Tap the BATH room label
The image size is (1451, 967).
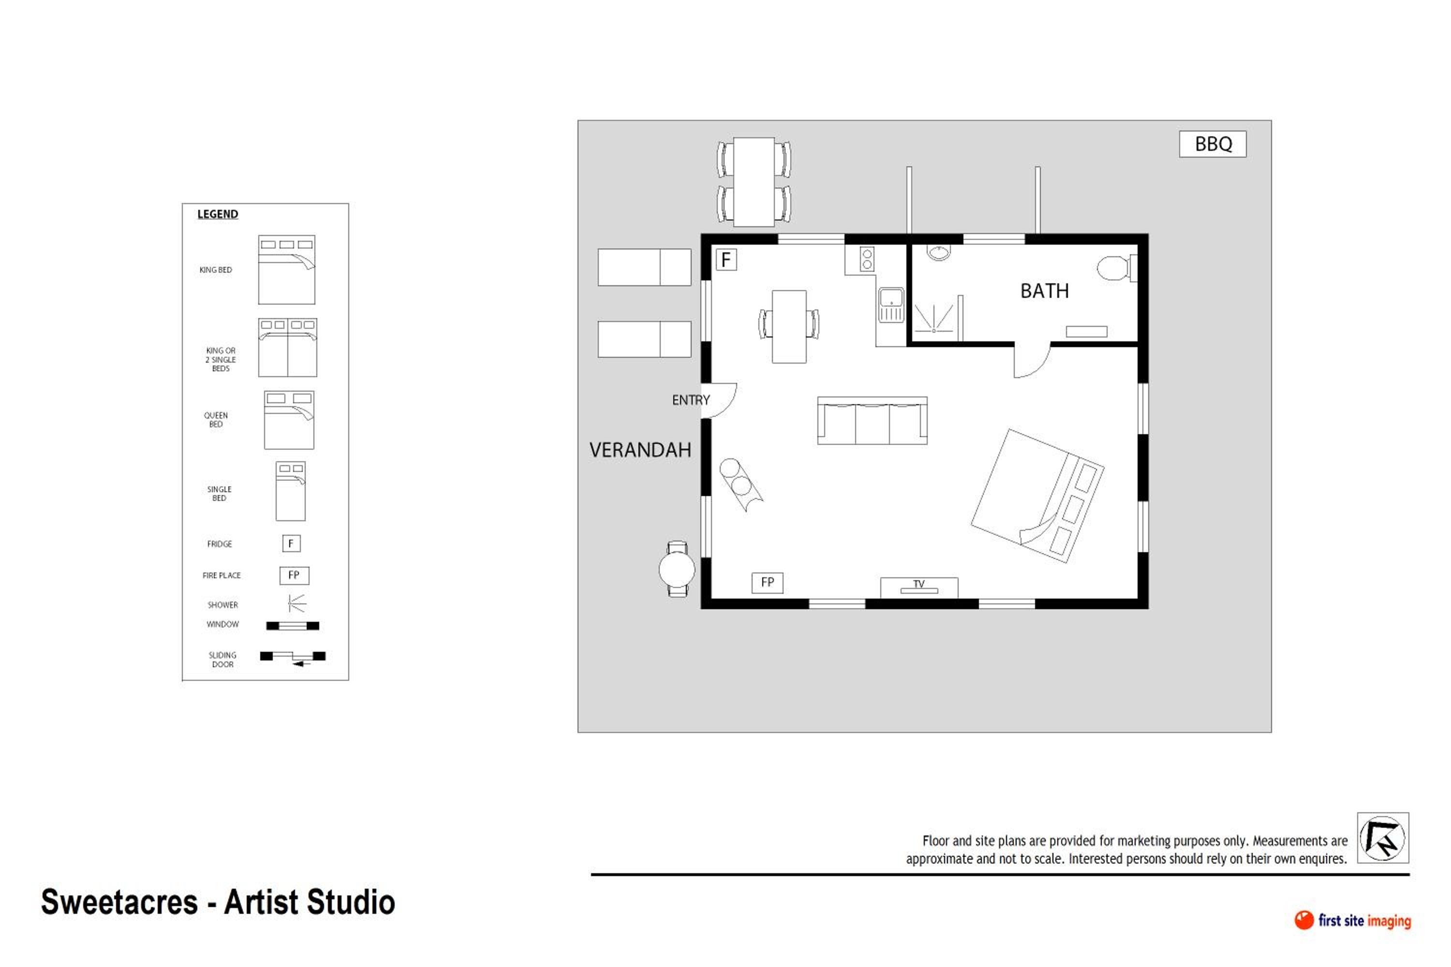(1044, 291)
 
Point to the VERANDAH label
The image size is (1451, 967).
(640, 450)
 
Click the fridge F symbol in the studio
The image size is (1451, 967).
(726, 260)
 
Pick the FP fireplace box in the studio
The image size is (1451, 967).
(768, 582)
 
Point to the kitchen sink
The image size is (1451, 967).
(891, 305)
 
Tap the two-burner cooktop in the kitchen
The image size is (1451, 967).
(867, 259)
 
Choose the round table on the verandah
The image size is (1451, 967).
(677, 569)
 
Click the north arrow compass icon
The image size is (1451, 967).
(1382, 837)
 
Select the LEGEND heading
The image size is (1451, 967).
(217, 214)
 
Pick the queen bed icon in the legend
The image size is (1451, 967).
(289, 419)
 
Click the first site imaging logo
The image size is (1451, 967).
(1352, 920)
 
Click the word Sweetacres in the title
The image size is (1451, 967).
(119, 902)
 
